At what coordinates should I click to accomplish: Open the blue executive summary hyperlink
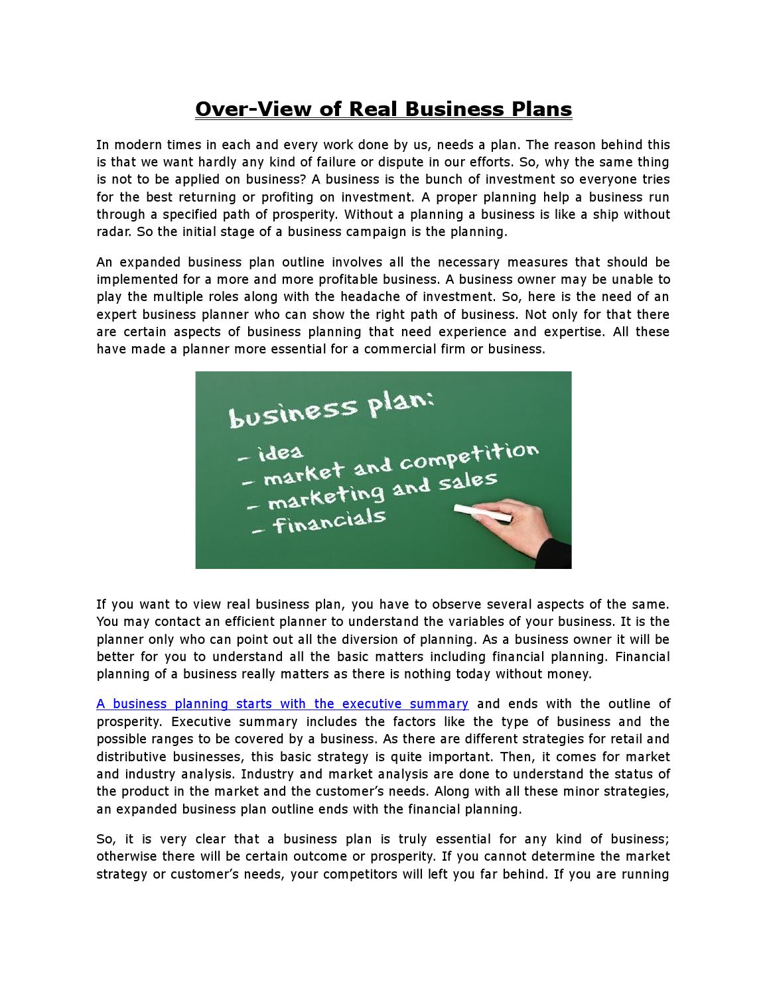tap(283, 704)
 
